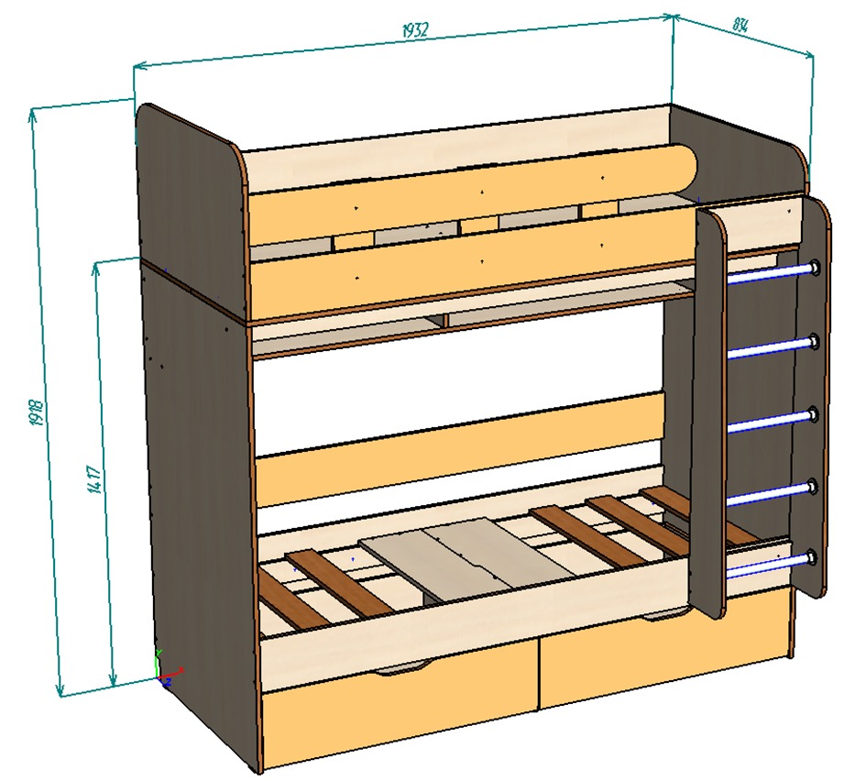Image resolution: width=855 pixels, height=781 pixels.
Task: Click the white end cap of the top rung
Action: pyautogui.click(x=813, y=268)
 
